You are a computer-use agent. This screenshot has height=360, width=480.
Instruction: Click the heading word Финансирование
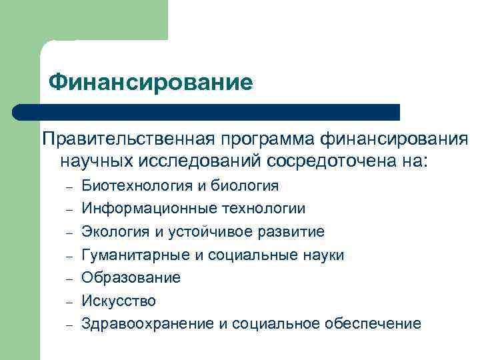pyautogui.click(x=151, y=82)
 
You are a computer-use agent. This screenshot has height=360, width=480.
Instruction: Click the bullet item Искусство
pyautogui.click(x=119, y=301)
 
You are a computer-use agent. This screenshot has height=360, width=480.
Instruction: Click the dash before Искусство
pyautogui.click(x=69, y=301)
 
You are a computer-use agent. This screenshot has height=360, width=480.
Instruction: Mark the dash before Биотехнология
pyautogui.click(x=69, y=187)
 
